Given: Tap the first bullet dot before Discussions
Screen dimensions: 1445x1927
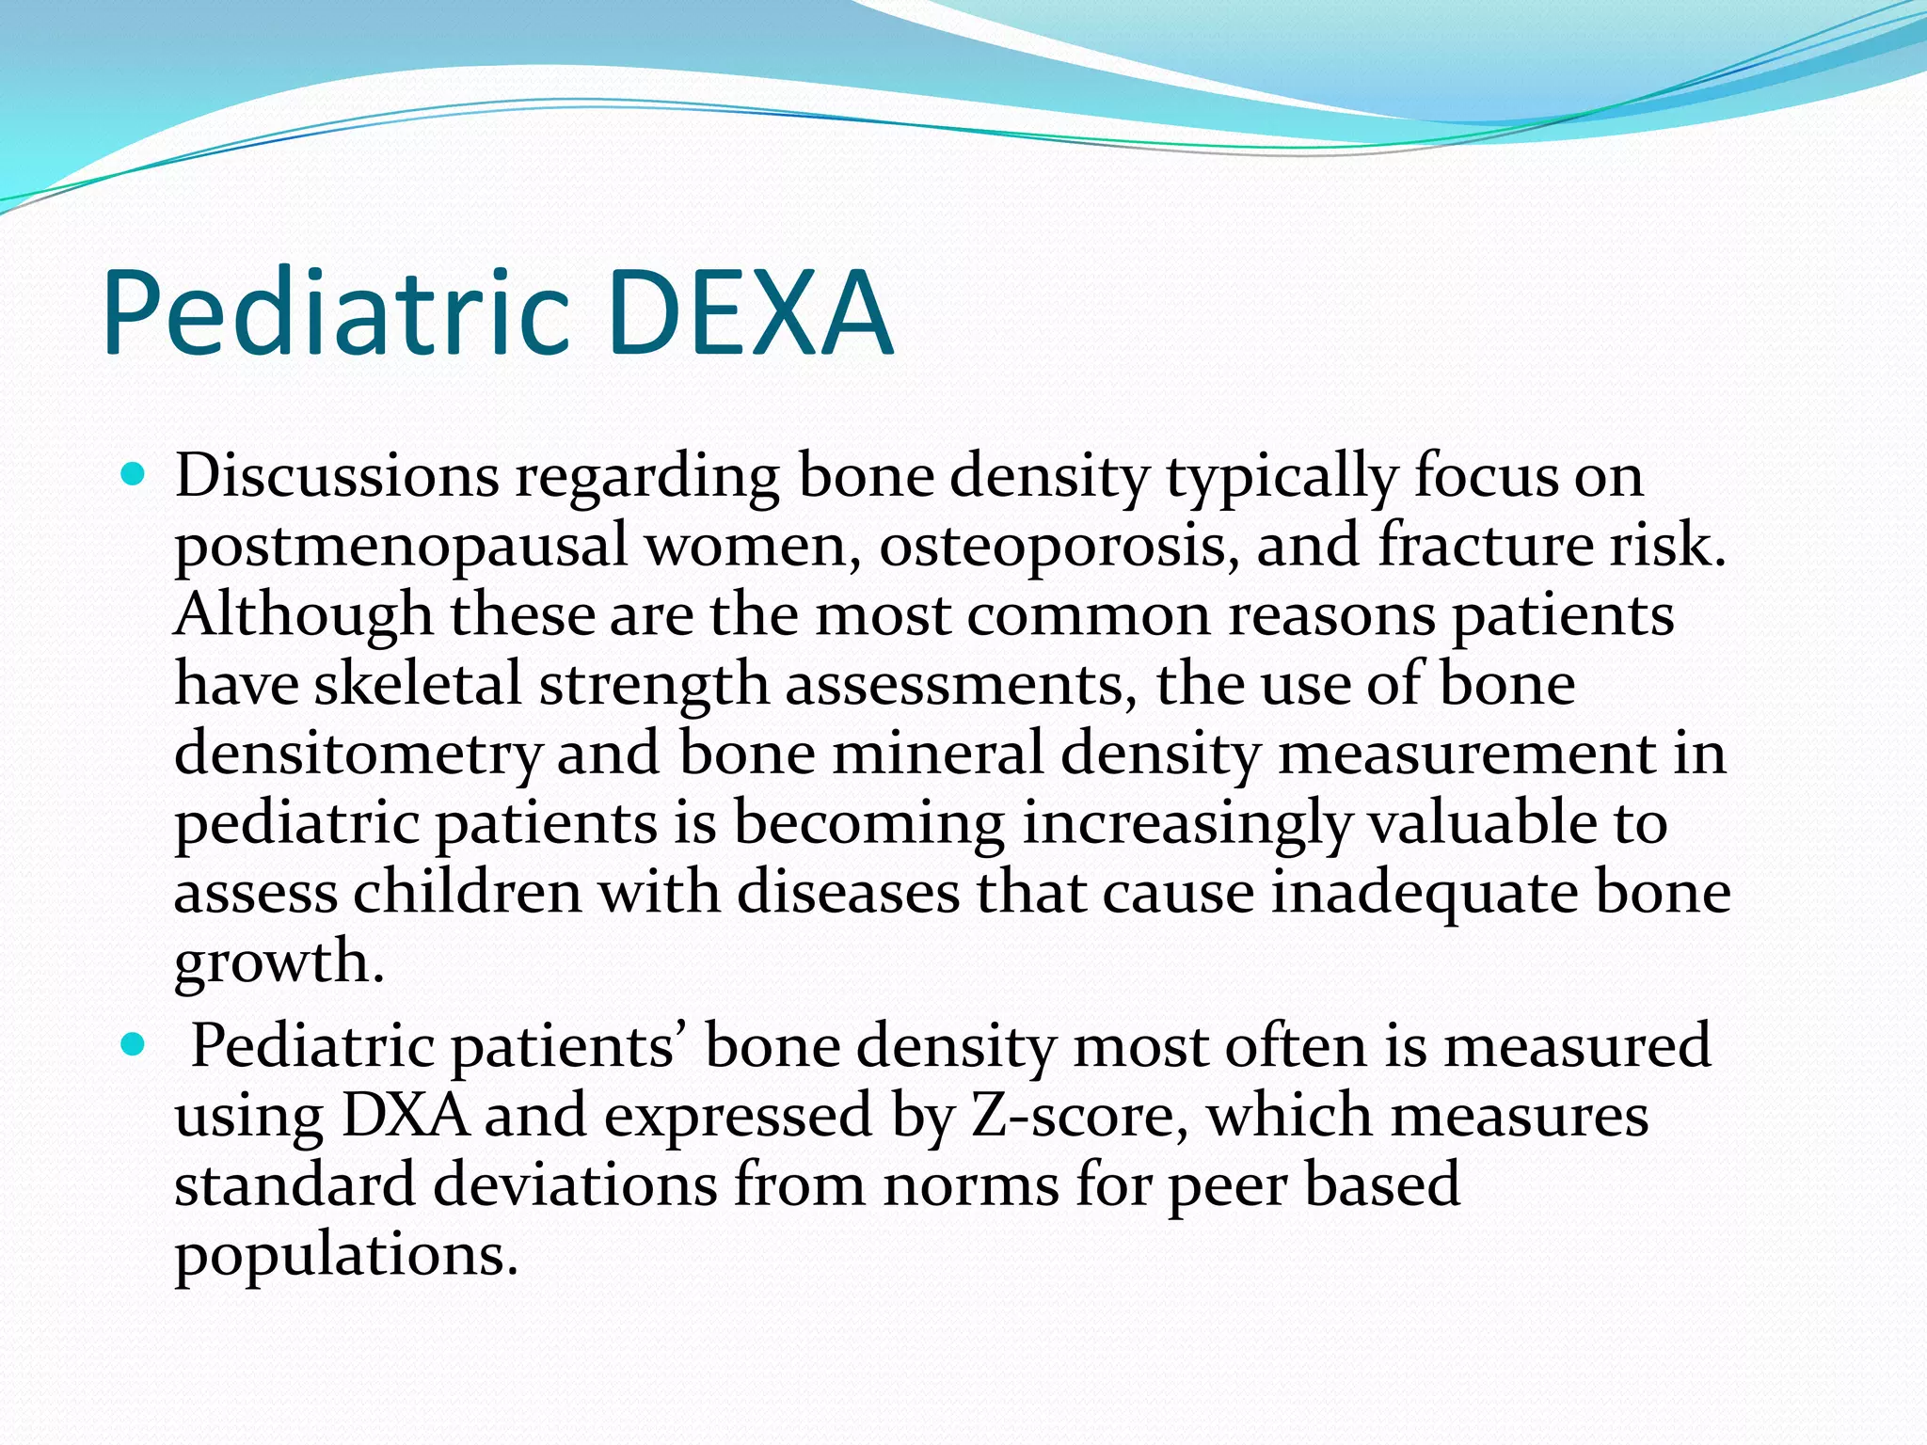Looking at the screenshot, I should (x=135, y=476).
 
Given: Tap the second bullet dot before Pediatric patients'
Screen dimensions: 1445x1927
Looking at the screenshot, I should (x=135, y=1045).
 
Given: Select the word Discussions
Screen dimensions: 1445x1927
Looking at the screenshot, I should (x=336, y=476).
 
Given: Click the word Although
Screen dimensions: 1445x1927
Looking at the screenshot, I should (x=303, y=615).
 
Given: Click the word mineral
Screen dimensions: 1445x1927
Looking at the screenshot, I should (x=937, y=754).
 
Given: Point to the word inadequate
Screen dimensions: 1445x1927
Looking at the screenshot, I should (x=1424, y=893).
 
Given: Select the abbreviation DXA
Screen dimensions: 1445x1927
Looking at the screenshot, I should (x=405, y=1117).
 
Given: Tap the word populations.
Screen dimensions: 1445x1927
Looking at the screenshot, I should (x=345, y=1256).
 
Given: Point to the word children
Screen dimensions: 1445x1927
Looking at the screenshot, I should (x=468, y=893).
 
